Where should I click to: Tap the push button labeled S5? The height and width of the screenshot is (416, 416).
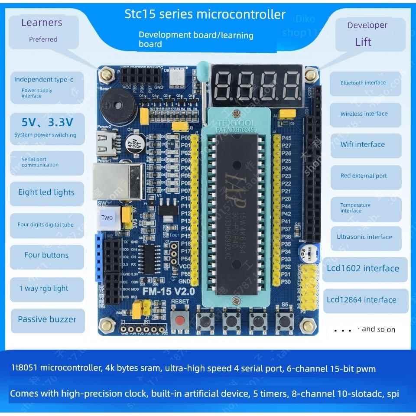pos(284,321)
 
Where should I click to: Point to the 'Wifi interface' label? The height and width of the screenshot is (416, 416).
pos(362,145)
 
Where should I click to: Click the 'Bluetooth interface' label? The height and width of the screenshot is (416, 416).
pos(363,83)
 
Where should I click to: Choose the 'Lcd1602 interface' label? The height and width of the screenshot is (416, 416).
pos(363,268)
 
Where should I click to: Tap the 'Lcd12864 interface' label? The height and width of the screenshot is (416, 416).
pos(361,300)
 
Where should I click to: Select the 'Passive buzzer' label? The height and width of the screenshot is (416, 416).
pos(47,319)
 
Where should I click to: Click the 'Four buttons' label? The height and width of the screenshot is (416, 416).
pos(46,255)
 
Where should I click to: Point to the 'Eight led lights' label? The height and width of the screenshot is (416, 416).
pos(46,192)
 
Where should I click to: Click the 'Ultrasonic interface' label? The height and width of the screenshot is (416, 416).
pos(364,237)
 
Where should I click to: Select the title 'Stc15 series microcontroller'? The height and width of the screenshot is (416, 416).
pos(205,14)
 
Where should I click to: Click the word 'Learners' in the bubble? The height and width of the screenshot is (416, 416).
pos(42,23)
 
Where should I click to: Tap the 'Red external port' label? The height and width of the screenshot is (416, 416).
pos(363,176)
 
